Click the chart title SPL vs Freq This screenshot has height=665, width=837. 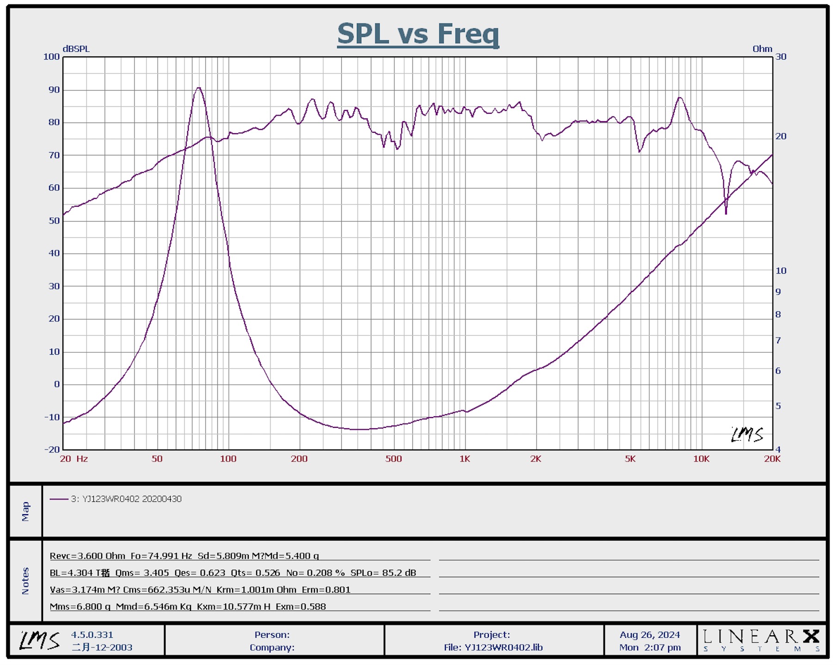point(418,34)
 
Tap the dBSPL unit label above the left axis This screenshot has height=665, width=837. point(76,49)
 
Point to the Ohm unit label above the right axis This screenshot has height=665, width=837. point(762,49)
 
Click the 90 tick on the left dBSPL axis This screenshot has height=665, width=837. point(54,90)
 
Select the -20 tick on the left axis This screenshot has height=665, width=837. point(52,449)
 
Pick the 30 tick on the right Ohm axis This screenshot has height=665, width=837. point(781,56)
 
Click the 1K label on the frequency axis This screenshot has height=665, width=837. point(464,459)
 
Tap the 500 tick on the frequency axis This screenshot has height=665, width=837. point(394,459)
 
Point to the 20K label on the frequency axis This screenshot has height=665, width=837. point(772,459)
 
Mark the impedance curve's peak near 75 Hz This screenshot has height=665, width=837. point(198,88)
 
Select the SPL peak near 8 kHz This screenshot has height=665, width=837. point(679,98)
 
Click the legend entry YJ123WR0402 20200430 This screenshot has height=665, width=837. point(126,499)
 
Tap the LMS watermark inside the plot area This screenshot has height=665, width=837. point(747,434)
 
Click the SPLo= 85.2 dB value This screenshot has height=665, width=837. point(383,573)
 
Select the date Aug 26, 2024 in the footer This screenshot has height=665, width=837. point(650,635)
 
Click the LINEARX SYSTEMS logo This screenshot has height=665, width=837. point(761,640)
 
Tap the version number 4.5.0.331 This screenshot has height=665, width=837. point(92,635)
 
